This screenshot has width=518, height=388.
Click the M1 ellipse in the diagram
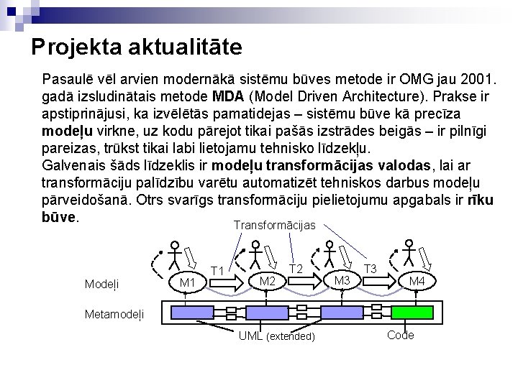pos(188,282)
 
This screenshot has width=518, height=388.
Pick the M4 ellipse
pos(417,281)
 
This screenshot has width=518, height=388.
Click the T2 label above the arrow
pos(296,268)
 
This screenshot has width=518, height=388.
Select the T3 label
pos(371,268)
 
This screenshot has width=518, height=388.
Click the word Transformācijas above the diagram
pos(274,225)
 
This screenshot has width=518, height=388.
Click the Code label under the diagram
pos(400,336)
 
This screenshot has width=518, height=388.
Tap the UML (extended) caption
pos(276,336)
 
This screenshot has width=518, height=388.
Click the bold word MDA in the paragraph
pos(230,96)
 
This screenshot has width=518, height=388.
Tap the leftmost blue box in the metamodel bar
pos(186,311)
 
